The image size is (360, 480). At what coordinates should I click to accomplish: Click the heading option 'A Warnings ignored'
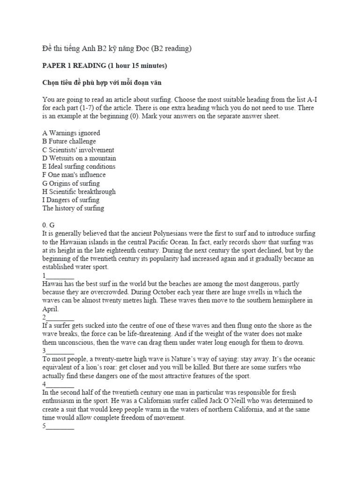coord(71,133)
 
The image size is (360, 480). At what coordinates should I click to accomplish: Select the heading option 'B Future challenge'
coord(69,142)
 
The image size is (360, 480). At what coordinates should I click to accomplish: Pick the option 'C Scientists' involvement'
coord(78,150)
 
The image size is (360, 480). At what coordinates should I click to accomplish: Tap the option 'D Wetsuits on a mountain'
coord(79,158)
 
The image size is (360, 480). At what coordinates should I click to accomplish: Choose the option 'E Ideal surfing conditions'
coord(79,167)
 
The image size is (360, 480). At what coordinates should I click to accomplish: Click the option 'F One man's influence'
coord(74,175)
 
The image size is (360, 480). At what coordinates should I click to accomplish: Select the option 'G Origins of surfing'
coord(71,183)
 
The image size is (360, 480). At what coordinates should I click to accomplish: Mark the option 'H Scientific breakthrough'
coord(79,192)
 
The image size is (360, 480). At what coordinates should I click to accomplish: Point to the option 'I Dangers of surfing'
coord(71,200)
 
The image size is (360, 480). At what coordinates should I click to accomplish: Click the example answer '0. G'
coord(49,225)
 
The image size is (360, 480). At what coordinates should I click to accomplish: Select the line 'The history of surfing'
coord(73,209)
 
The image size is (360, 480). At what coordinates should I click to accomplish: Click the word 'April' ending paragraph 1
coord(51,309)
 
